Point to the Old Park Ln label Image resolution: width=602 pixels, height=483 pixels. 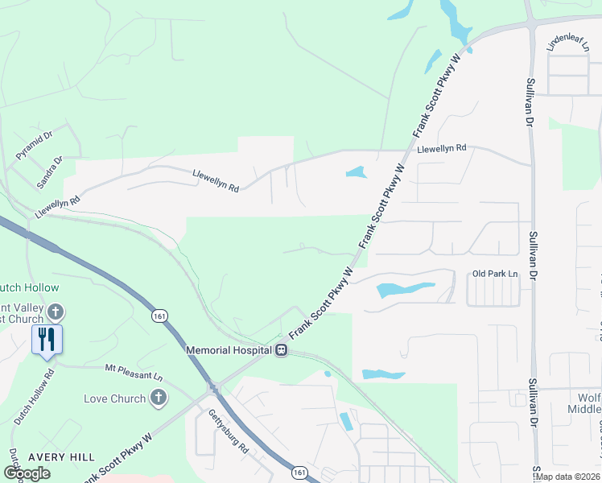coord(495,274)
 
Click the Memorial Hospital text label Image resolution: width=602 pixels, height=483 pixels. coord(229,350)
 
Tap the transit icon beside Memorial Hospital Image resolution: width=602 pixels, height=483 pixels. coord(282,350)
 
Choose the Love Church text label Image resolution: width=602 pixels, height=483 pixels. coord(115,398)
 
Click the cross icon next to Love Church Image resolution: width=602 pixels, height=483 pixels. coord(159,398)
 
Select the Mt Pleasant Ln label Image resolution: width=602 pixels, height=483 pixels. coord(134,372)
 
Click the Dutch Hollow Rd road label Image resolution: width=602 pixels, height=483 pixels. coord(33,397)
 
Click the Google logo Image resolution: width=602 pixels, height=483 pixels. coord(27,473)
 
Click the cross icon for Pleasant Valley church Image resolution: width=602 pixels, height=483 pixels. coord(55,311)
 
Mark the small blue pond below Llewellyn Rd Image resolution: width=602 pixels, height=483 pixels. coord(355,172)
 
